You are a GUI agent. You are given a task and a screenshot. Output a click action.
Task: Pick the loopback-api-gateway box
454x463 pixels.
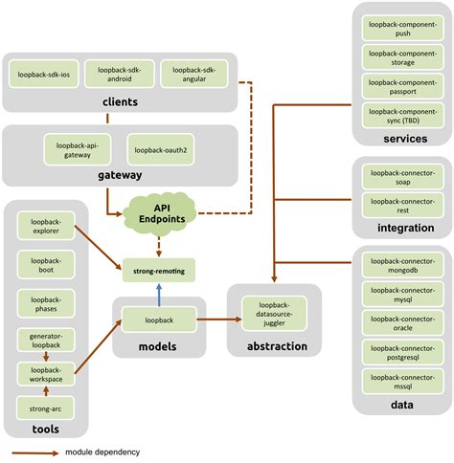78,149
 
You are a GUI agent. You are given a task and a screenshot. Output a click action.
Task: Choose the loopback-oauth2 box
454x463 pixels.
158,149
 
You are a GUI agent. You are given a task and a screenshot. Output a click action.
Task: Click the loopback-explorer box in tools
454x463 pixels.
45,226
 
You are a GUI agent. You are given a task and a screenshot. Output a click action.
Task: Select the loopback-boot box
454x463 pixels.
45,266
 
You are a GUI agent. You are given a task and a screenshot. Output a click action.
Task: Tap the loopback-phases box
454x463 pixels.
45,305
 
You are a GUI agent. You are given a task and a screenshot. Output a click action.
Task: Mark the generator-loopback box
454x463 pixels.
45,342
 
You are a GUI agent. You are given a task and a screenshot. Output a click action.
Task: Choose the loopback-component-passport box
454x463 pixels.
395,87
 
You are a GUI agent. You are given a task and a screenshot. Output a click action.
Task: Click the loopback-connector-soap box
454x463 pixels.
395,177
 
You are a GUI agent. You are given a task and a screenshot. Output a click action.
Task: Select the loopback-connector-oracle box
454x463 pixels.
395,320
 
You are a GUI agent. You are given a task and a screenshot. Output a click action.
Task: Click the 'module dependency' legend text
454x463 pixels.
102,452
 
